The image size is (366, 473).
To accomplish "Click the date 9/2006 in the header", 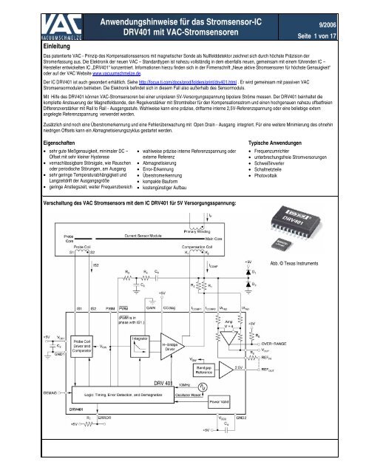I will pos(339,24).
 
